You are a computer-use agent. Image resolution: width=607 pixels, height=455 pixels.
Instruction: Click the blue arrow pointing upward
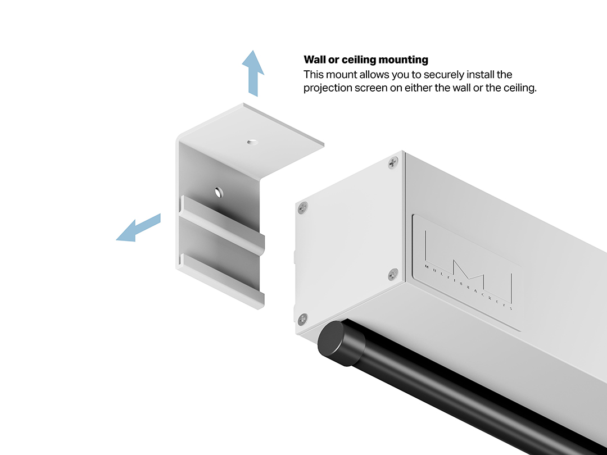pos(253,74)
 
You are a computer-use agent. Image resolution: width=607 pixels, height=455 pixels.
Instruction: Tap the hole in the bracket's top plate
pos(252,142)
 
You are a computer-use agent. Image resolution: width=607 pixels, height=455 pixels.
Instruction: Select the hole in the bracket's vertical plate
pos(219,192)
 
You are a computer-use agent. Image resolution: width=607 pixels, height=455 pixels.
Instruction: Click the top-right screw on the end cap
pos(393,162)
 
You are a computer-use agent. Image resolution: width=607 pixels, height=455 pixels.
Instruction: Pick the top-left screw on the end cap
pos(303,208)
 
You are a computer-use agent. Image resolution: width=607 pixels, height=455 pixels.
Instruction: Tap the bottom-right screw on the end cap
pos(393,274)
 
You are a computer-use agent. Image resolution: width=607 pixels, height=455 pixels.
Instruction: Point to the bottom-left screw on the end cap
pos(303,319)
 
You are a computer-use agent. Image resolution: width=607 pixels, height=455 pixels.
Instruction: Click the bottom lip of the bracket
pos(221,280)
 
